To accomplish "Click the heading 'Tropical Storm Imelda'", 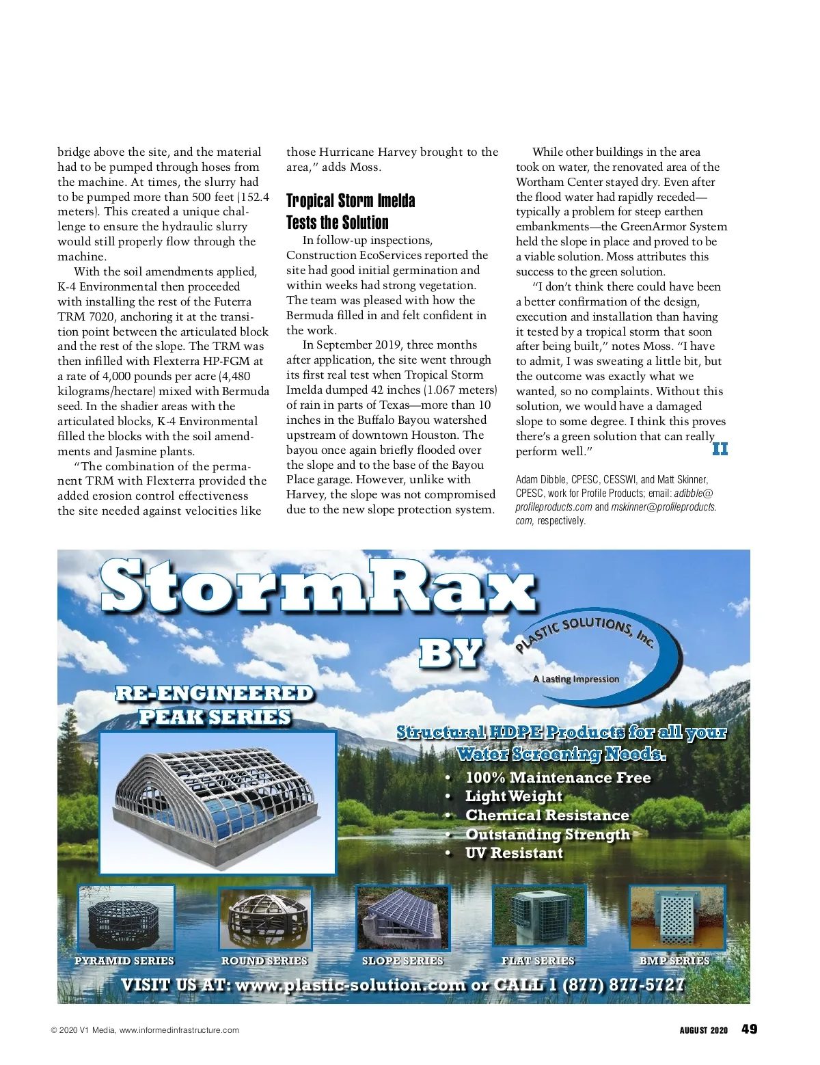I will [x=351, y=201].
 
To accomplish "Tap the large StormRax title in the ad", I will [x=318, y=587].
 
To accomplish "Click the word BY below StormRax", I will [x=450, y=653].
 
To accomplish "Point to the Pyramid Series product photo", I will [x=126, y=918].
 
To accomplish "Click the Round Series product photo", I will [x=265, y=918].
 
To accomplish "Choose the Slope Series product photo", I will [x=403, y=918].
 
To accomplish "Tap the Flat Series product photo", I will [x=539, y=918].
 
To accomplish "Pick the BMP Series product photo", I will [x=676, y=918].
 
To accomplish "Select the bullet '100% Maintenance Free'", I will [x=558, y=778].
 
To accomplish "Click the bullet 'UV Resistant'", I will [x=514, y=853].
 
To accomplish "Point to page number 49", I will [x=749, y=1029].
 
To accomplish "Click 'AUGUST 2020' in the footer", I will [x=703, y=1030].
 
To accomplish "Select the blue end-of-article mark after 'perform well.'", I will [x=720, y=449].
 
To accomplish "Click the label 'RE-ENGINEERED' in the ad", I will [x=214, y=693].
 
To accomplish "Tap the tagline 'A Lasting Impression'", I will [x=575, y=679].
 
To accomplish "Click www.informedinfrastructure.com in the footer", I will [x=179, y=1030].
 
